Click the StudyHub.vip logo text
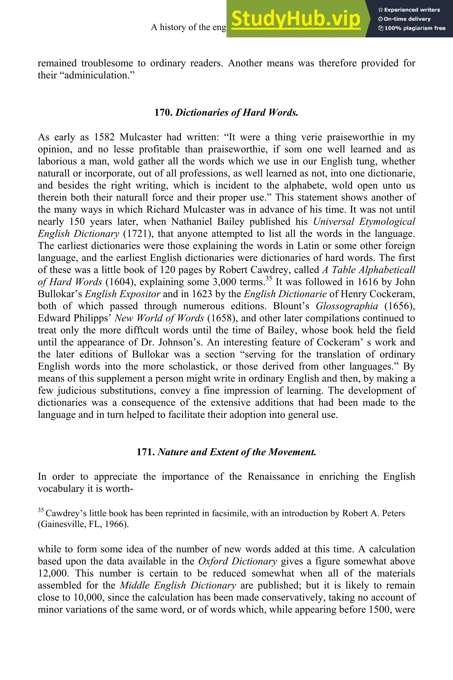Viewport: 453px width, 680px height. point(296,19)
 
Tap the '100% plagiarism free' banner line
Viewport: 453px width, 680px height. point(412,28)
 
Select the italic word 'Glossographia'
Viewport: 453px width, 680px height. point(347,306)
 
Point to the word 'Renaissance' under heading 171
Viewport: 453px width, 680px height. point(273,476)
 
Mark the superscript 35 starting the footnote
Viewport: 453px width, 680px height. point(41,510)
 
